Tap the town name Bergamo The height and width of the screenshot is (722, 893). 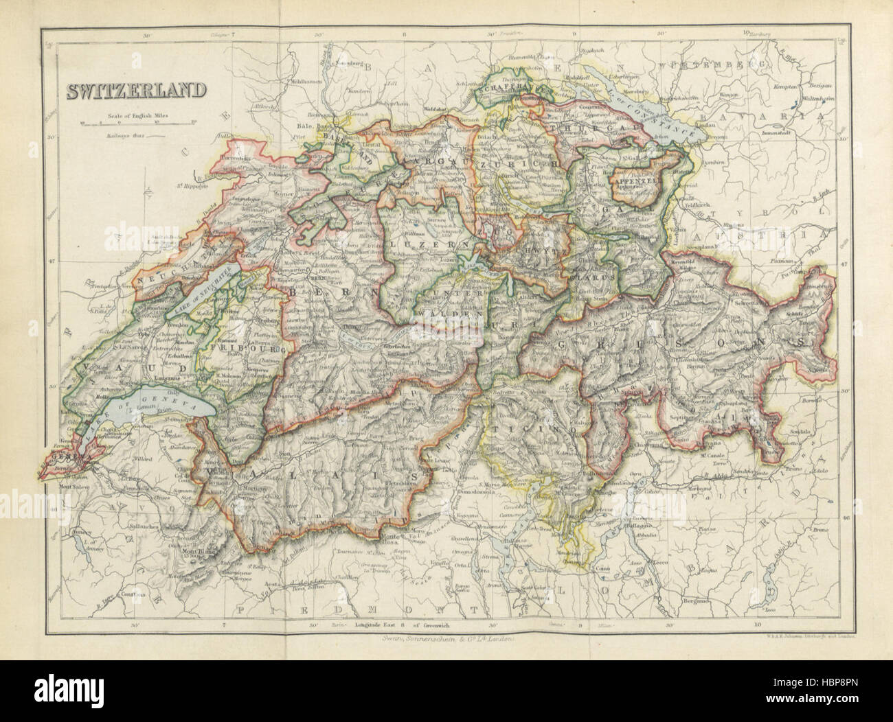point(695,601)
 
